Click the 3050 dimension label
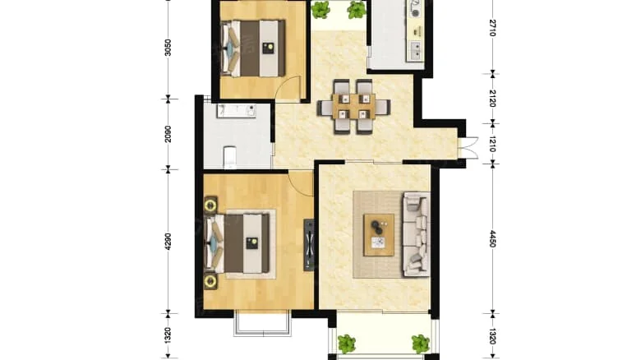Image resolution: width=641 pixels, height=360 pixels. [x=168, y=48]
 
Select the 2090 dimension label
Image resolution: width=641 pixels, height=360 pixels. [x=168, y=134]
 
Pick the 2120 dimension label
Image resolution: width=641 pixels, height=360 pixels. [x=492, y=98]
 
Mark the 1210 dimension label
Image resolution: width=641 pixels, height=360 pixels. [x=492, y=144]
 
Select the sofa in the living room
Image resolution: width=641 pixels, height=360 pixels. [x=416, y=234]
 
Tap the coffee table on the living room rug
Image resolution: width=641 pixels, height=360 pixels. [x=380, y=233]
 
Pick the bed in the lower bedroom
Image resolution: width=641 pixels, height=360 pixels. [x=242, y=242]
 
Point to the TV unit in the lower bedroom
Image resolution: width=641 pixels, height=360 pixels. [x=309, y=243]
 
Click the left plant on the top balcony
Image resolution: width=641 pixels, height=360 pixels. [x=320, y=10]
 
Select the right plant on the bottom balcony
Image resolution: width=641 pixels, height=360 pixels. [x=420, y=343]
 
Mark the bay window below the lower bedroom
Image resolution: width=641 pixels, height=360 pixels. [x=261, y=324]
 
